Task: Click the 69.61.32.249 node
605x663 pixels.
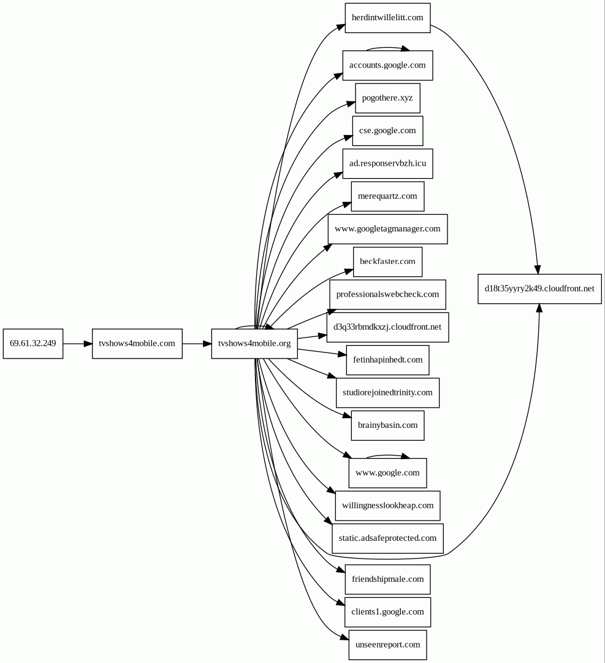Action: pyautogui.click(x=32, y=343)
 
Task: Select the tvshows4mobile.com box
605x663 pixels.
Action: pyautogui.click(x=137, y=343)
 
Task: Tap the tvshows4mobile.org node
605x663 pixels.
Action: pyautogui.click(x=254, y=343)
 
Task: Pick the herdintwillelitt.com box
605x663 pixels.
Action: pyautogui.click(x=387, y=17)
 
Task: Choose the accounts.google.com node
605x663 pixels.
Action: pyautogui.click(x=387, y=65)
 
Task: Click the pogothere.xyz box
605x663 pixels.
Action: pyautogui.click(x=387, y=98)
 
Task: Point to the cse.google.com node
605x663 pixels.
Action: pyautogui.click(x=387, y=131)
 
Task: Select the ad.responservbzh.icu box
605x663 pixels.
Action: pyautogui.click(x=387, y=163)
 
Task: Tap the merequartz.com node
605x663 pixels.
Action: pyautogui.click(x=387, y=196)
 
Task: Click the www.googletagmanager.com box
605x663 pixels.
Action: pyautogui.click(x=387, y=229)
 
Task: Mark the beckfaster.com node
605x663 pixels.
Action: pyautogui.click(x=387, y=262)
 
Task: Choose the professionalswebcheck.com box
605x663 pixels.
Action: pyautogui.click(x=387, y=295)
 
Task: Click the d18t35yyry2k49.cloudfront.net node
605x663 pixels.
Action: pyautogui.click(x=539, y=289)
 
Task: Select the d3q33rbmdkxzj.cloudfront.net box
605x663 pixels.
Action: pyautogui.click(x=387, y=327)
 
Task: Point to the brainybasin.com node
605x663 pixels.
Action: pyautogui.click(x=387, y=425)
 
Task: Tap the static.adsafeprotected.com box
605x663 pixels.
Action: pyautogui.click(x=387, y=538)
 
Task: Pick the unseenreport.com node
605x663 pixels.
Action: pyautogui.click(x=387, y=645)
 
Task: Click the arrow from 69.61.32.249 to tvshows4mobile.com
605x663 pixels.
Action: pyautogui.click(x=77, y=344)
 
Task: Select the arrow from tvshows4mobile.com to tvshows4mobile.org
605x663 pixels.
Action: pyautogui.click(x=197, y=344)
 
